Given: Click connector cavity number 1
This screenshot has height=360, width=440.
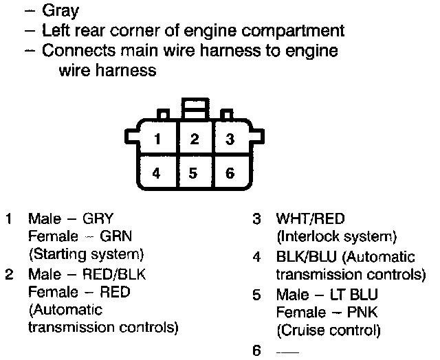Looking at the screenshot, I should [x=158, y=140].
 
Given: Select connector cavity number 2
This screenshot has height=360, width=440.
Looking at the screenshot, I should [x=195, y=140].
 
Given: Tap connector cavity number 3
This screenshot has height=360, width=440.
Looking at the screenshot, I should [x=230, y=140].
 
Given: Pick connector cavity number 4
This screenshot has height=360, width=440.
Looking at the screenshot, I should [x=158, y=172].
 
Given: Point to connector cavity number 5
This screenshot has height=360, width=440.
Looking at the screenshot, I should [x=195, y=172].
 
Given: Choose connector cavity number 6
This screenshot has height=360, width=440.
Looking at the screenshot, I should [x=230, y=172].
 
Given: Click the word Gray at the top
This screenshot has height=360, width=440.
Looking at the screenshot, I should [x=60, y=11].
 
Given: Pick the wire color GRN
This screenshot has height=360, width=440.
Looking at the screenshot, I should [x=118, y=237].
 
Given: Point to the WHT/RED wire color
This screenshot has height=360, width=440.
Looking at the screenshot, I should [x=310, y=220].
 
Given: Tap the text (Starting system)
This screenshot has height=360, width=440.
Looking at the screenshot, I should [x=86, y=255].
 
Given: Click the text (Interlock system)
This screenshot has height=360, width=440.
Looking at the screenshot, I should [x=336, y=238].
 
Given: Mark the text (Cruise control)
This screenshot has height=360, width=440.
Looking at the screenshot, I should [x=328, y=330].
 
